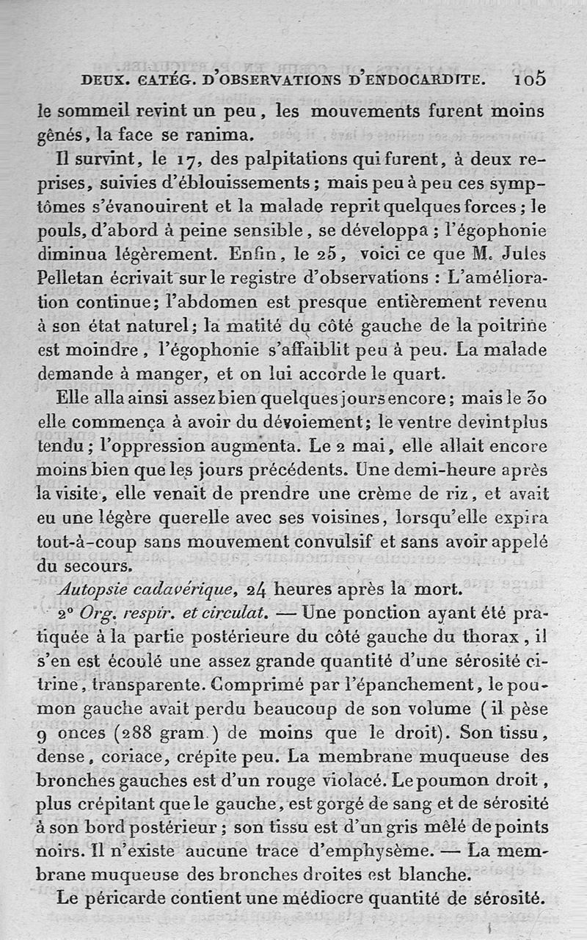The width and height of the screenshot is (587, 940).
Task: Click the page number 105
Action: [530, 79]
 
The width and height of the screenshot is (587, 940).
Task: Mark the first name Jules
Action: [523, 255]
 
